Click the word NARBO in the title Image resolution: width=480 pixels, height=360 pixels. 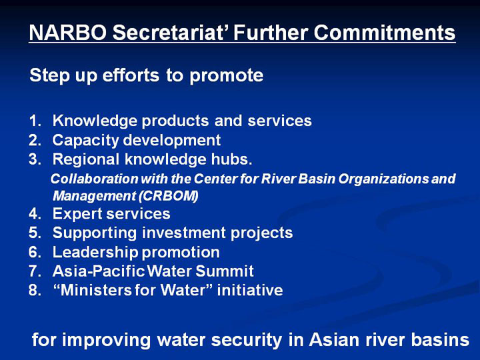click(67, 33)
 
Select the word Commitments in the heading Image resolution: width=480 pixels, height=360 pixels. click(385, 33)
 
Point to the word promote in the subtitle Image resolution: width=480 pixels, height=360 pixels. click(226, 75)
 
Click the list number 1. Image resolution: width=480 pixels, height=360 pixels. click(35, 121)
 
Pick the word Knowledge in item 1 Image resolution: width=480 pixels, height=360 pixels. click(95, 121)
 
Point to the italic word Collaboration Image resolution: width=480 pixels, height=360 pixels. click(94, 179)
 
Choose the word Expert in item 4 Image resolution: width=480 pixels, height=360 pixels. click(77, 214)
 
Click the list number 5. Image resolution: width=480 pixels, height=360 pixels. click(35, 233)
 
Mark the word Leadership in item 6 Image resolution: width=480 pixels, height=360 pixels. click(95, 253)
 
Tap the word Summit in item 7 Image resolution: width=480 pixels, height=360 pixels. click(225, 271)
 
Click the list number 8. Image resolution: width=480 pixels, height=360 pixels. click(35, 290)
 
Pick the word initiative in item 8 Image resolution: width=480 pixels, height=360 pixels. click(250, 290)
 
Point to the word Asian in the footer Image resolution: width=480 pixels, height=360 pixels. click(334, 340)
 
